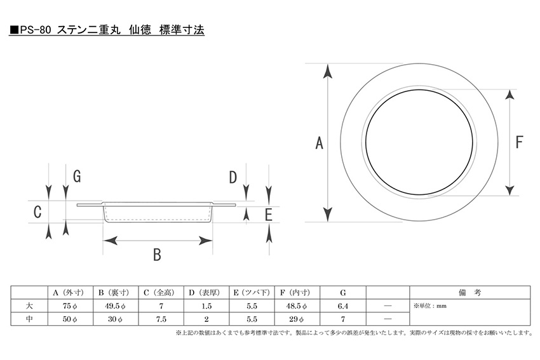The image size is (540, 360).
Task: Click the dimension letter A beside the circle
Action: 320,143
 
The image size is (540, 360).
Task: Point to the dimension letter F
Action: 519,142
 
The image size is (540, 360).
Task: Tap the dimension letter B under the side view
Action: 157,255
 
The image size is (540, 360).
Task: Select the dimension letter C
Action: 37,211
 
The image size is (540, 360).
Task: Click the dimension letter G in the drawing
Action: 77,177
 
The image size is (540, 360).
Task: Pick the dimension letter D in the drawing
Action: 233,177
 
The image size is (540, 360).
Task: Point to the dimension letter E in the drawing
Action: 269,215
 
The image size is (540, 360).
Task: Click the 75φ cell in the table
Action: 70,306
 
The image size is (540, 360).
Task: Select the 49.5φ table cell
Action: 115,306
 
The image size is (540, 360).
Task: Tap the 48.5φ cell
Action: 297,306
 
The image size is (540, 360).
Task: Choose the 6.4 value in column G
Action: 343,306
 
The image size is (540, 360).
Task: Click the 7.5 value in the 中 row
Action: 161,319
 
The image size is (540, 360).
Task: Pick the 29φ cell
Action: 297,319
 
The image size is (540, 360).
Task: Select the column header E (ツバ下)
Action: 252,293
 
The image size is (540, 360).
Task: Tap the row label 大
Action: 29,305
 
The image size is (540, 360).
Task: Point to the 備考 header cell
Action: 469,293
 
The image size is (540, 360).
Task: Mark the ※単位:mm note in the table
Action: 430,305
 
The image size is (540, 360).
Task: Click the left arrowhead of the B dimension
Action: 110,241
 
